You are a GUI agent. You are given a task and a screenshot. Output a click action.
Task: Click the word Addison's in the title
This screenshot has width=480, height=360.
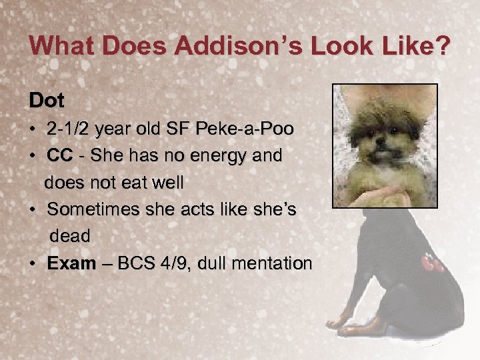pyautogui.click(x=218, y=47)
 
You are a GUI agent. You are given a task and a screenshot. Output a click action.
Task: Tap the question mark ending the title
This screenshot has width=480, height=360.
pyautogui.click(x=443, y=47)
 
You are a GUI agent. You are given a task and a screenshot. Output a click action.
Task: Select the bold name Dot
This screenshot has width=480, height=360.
pyautogui.click(x=47, y=101)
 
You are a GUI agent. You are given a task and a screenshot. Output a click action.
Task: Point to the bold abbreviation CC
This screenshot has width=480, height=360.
pyautogui.click(x=60, y=156)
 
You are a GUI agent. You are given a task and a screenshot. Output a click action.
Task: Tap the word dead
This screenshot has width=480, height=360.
pyautogui.click(x=70, y=236)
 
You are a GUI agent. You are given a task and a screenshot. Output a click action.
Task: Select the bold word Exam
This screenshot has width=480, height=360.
pyautogui.click(x=71, y=263)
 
